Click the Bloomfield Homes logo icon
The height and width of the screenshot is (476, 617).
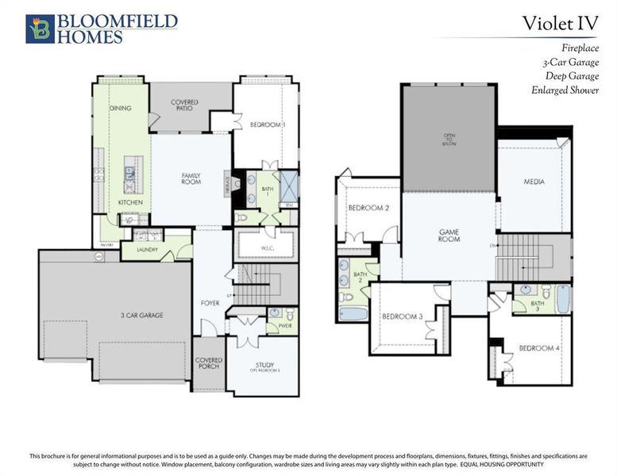coord(40,28)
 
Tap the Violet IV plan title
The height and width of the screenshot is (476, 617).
coord(560,23)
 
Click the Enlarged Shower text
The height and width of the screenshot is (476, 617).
coord(565,90)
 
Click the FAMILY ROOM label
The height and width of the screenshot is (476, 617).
coord(191,178)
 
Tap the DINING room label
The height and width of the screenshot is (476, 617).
coord(120,108)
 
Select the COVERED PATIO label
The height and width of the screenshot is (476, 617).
coord(184,106)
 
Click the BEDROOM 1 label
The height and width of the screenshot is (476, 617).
coord(268,125)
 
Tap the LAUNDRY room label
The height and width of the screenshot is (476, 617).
coord(148,250)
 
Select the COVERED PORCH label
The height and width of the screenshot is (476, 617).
coord(208,363)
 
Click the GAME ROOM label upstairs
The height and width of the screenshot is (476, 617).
coord(449,236)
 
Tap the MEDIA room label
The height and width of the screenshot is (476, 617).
coord(533,182)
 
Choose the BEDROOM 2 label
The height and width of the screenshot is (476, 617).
coord(368,209)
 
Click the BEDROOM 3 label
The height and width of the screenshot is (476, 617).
coord(402,317)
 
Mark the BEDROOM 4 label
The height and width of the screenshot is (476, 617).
coord(538,348)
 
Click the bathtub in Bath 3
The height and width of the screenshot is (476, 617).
coord(562,299)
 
